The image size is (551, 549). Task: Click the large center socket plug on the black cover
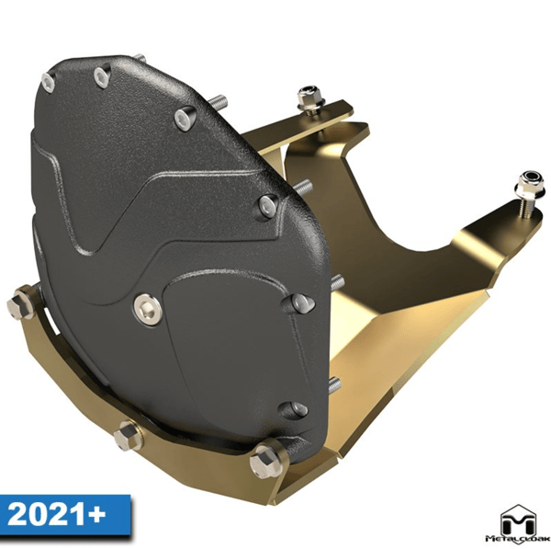148,309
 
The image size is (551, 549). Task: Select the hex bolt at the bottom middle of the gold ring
128,436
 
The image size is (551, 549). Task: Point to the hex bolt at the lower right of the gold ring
266,461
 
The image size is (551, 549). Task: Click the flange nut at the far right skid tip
529,186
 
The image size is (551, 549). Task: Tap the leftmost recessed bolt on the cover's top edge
48,83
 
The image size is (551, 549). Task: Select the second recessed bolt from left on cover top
101,76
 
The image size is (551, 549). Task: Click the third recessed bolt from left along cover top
185,117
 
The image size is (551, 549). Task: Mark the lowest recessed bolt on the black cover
295,410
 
